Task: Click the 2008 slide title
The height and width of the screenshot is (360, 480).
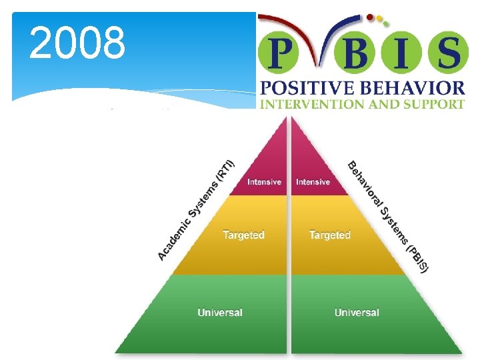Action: (x=77, y=43)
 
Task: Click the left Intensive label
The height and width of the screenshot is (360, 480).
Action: (x=264, y=182)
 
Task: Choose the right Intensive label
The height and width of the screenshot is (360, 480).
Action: (x=313, y=182)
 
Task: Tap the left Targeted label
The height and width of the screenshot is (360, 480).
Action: (x=243, y=235)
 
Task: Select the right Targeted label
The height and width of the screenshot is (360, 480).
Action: (x=329, y=235)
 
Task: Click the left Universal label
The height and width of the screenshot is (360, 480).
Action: (x=220, y=312)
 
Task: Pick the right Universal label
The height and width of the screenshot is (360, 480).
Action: (x=357, y=312)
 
